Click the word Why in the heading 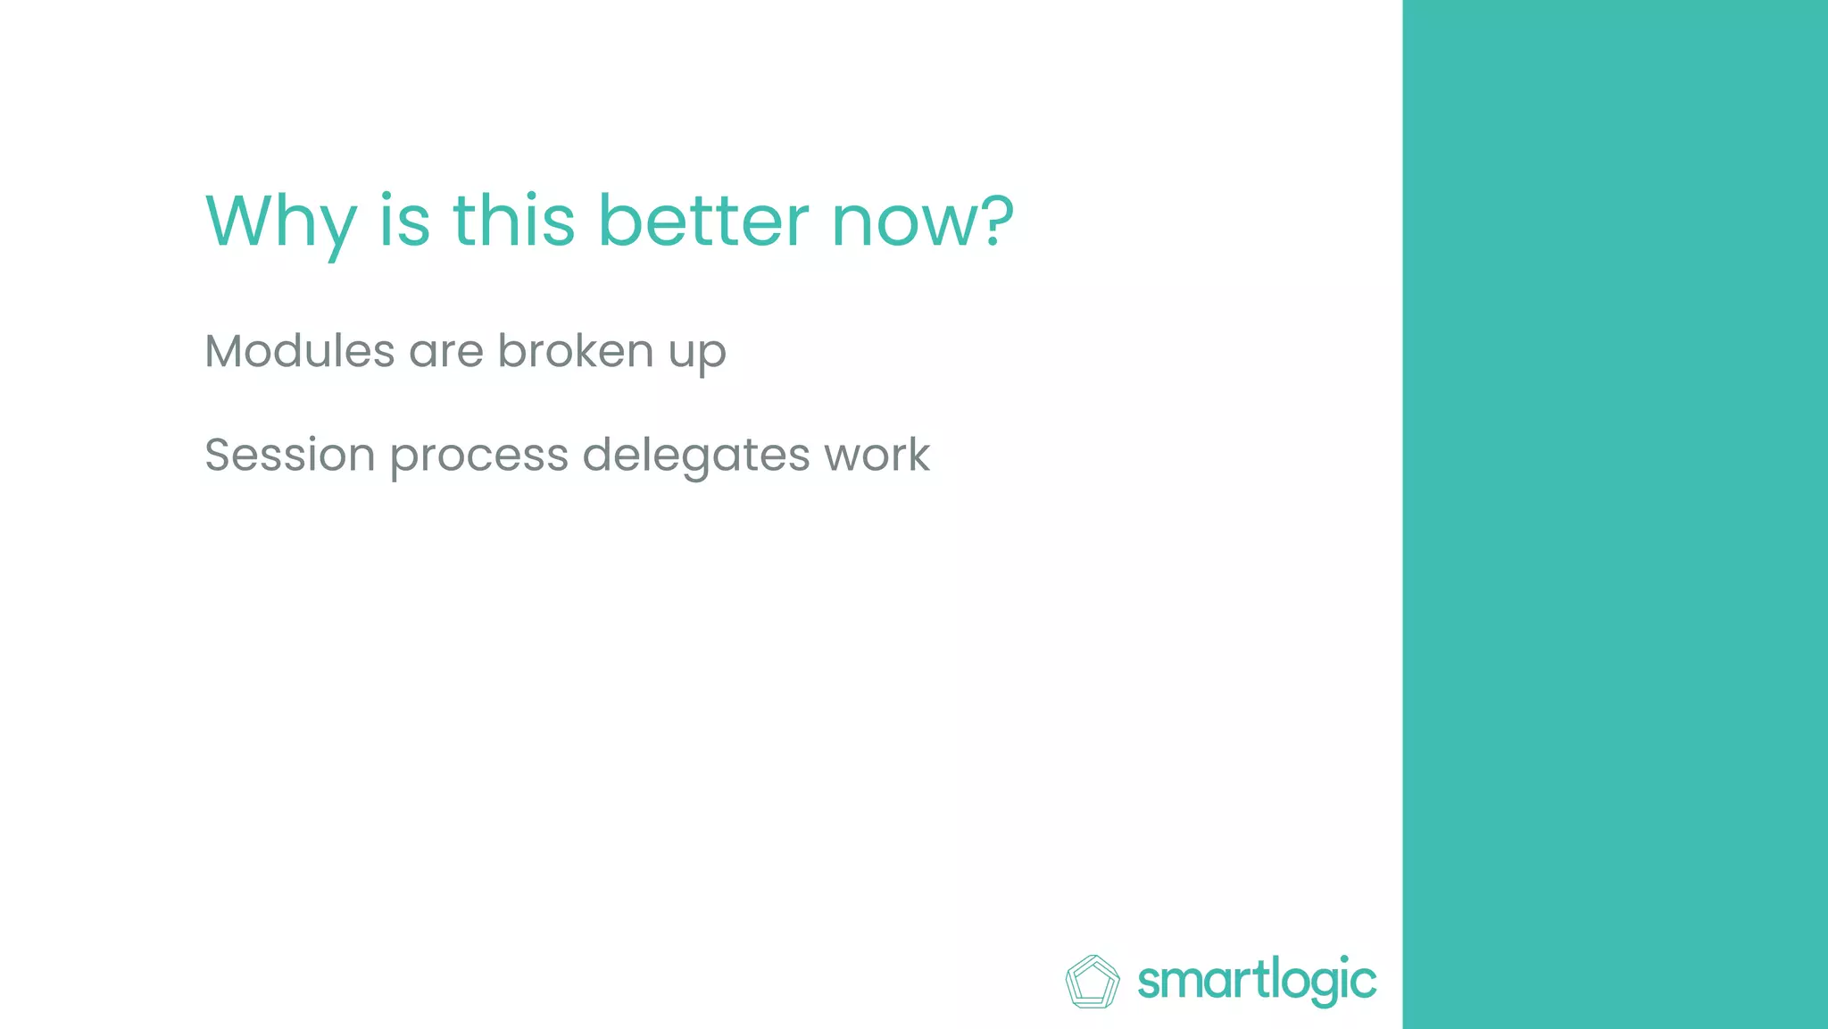280,221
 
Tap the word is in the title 404,221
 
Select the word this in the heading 513,221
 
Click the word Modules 299,350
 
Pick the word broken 576,350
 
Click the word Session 289,455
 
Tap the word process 479,456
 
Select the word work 877,455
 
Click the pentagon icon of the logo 1093,982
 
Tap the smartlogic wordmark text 1257,982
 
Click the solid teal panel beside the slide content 1615,514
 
